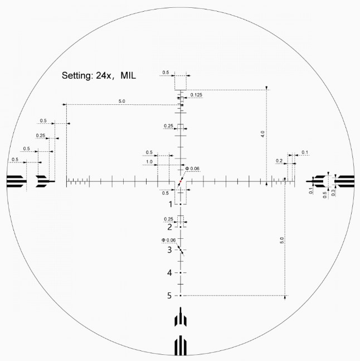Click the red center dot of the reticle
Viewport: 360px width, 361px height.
[x=181, y=181]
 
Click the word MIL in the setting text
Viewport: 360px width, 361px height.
[x=128, y=75]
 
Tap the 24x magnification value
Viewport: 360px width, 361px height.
[x=104, y=75]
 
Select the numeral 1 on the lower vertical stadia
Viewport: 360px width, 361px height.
[x=171, y=204]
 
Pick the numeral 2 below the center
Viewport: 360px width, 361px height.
[x=169, y=227]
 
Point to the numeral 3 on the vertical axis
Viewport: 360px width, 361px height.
[x=169, y=250]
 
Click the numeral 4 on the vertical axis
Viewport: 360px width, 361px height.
[x=169, y=273]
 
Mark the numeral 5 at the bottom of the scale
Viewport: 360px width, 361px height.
[x=169, y=295]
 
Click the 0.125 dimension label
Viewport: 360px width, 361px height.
[x=196, y=95]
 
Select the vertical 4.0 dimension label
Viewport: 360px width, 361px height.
[x=262, y=134]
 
